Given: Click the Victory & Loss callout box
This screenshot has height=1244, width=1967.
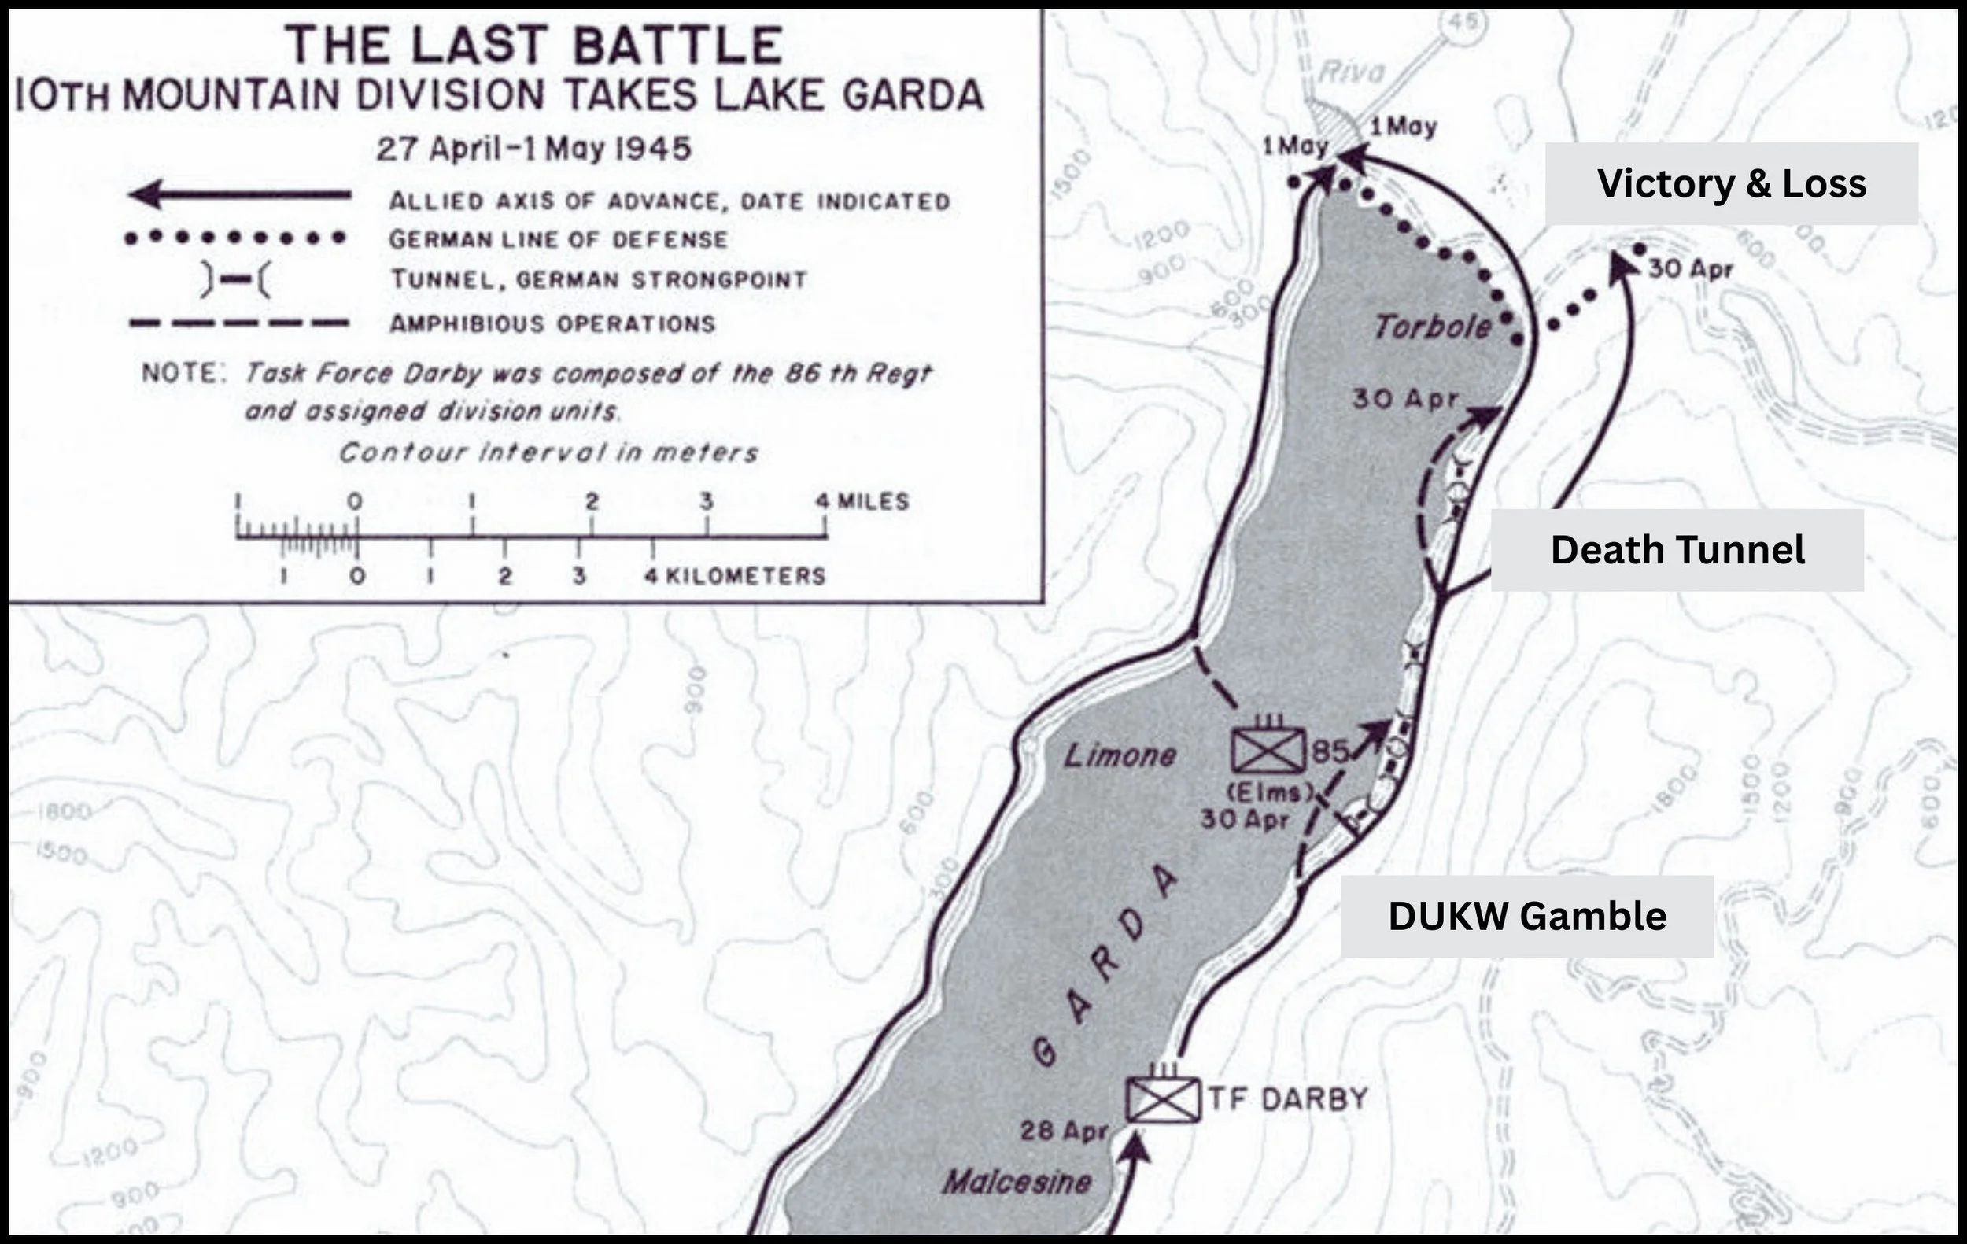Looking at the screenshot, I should [1730, 184].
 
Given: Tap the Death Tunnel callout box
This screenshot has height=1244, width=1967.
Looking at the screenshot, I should [1676, 550].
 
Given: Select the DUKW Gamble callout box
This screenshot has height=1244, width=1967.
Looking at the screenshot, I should [1526, 916].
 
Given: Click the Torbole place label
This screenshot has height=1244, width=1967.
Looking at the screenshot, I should [1432, 327].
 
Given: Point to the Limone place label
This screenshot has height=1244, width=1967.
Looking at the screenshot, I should [1119, 755].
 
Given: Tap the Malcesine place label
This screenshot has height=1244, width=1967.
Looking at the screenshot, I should [1017, 1182].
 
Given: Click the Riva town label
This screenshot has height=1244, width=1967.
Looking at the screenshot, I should [1352, 72].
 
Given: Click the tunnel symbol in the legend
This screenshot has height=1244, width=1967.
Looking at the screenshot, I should [235, 280].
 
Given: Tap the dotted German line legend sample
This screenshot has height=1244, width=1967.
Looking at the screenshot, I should [235, 238].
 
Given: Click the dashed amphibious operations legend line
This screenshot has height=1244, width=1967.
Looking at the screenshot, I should [239, 323].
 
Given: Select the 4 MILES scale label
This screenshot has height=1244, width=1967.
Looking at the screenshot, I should [862, 500].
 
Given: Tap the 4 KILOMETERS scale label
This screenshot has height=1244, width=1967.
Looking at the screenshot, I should [735, 576].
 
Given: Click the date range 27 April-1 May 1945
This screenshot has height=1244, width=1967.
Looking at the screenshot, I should [533, 150].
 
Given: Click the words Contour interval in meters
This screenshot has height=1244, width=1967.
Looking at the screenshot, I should [548, 452].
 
